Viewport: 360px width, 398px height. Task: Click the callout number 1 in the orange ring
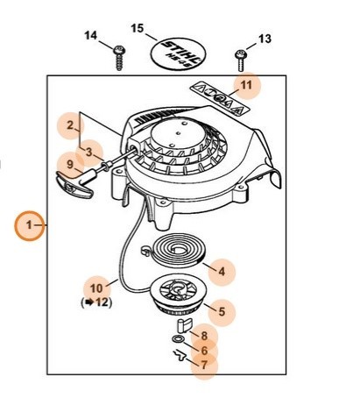click(29, 225)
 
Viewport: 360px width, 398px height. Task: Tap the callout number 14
click(90, 36)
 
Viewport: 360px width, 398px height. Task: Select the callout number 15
click(138, 29)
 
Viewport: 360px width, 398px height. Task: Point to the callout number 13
click(265, 39)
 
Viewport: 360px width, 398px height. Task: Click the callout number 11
click(246, 85)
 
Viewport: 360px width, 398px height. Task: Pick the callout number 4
click(222, 272)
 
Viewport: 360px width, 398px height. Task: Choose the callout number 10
click(96, 288)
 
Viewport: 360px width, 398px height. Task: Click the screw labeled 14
click(119, 58)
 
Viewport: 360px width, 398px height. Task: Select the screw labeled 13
click(241, 60)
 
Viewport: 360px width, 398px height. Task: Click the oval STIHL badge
click(178, 54)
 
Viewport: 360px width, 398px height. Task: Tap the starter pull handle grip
click(74, 184)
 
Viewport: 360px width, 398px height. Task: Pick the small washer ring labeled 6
click(178, 339)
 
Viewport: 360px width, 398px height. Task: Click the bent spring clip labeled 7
click(180, 355)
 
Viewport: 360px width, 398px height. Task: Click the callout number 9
click(70, 165)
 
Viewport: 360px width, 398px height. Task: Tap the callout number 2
click(70, 125)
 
